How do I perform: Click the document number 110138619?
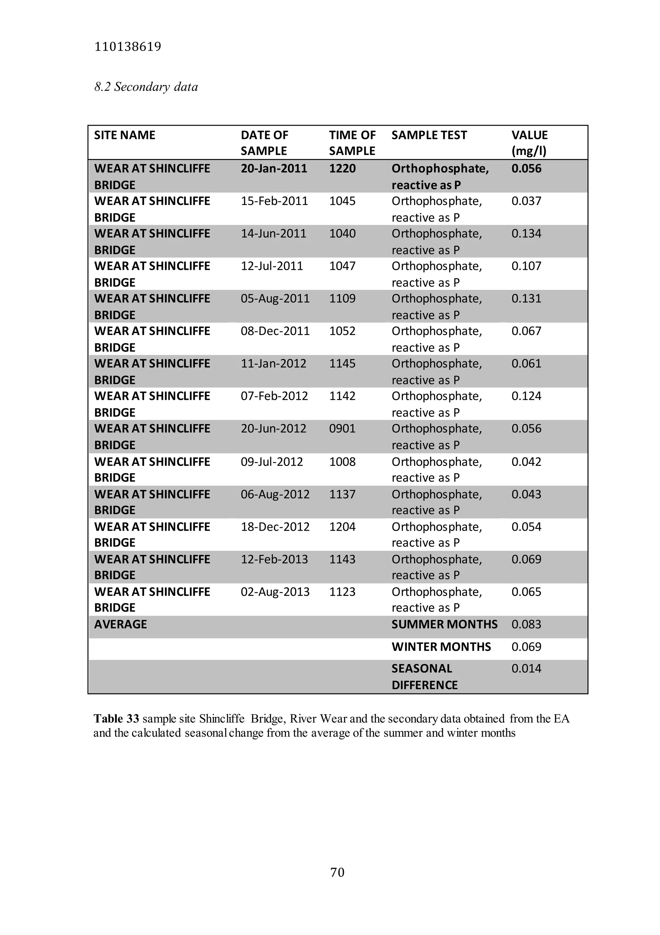(x=127, y=47)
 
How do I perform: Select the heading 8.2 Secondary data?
(x=146, y=87)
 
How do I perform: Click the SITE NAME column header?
(x=125, y=135)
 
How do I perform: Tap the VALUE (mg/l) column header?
(x=529, y=143)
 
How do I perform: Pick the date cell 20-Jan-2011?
(x=274, y=169)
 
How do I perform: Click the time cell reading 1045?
(x=342, y=201)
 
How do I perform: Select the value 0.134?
(x=526, y=234)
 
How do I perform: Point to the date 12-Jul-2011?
(x=272, y=266)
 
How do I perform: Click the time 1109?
(x=342, y=299)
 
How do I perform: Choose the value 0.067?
(x=526, y=331)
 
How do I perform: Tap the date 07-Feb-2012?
(x=274, y=396)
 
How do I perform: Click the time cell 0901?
(x=342, y=429)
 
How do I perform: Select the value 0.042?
(x=526, y=462)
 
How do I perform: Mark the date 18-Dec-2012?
(x=275, y=527)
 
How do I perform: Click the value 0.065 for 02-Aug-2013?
(x=526, y=592)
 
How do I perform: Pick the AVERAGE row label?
(x=121, y=624)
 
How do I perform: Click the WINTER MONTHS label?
(x=441, y=647)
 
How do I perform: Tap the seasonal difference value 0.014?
(x=526, y=669)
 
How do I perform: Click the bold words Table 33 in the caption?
(x=116, y=719)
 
